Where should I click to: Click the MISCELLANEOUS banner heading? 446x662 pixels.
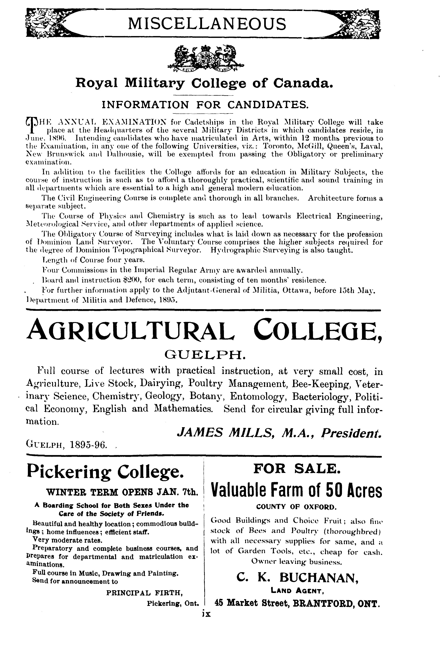pyautogui.click(x=207, y=24)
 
